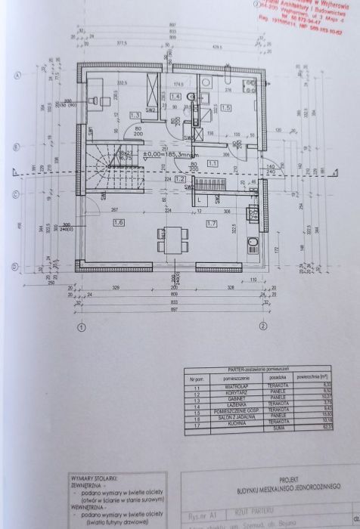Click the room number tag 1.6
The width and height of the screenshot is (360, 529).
click(117, 223)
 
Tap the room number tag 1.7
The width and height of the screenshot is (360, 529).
click(211, 224)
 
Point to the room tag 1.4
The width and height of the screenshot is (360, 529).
click(175, 97)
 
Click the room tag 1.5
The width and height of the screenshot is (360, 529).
click(226, 108)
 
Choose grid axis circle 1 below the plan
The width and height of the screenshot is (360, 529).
click(81, 326)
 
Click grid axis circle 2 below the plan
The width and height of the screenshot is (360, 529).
click(262, 326)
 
